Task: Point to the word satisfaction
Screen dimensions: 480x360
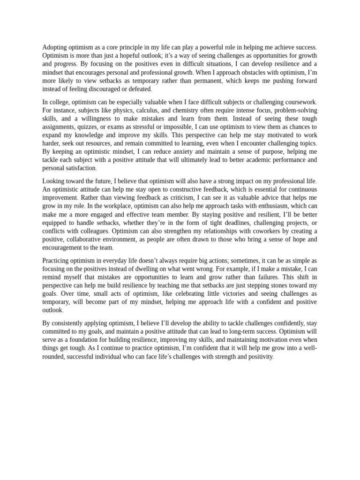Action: [x=81, y=168]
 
